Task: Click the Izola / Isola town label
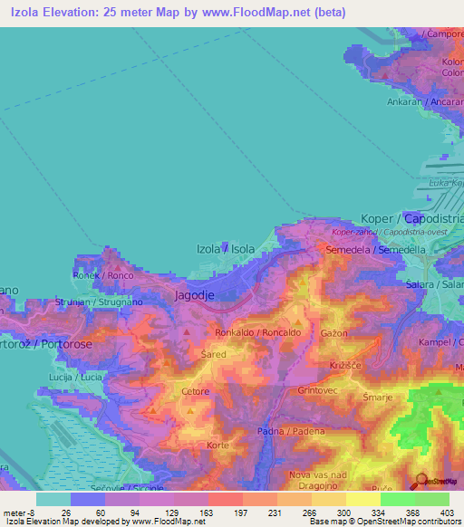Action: point(226,248)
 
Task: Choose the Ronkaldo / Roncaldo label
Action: point(257,333)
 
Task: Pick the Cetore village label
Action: point(196,392)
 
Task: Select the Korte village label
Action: point(217,446)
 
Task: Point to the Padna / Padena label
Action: point(291,431)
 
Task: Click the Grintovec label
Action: point(317,390)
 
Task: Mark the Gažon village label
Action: point(334,333)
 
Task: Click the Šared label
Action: point(213,356)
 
